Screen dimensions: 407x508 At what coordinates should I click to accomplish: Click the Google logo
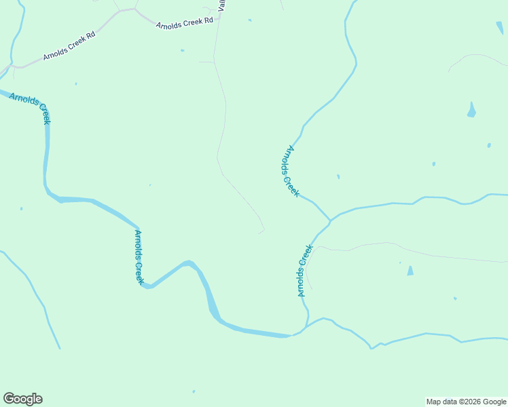[22, 399]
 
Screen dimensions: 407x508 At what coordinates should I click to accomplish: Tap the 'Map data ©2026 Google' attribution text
[467, 402]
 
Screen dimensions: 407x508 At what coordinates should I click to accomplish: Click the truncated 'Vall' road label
[221, 5]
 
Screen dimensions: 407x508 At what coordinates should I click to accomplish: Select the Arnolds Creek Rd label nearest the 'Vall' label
[184, 23]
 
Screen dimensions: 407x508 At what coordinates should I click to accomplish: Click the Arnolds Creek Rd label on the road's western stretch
[69, 45]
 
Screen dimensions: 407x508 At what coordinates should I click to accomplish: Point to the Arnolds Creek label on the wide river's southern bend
[139, 257]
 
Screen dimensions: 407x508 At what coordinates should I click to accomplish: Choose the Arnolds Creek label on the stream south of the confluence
[304, 271]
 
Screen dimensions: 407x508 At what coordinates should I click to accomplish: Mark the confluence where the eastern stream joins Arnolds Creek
[330, 220]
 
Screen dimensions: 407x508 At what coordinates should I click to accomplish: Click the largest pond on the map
[471, 110]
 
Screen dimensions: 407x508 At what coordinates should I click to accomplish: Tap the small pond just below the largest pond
[489, 145]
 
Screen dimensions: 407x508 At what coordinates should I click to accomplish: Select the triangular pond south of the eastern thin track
[410, 271]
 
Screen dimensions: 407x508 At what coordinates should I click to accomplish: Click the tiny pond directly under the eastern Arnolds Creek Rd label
[182, 50]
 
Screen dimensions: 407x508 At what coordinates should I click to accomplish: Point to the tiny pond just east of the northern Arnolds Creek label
[338, 177]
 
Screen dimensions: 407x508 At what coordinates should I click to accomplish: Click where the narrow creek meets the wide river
[292, 335]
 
